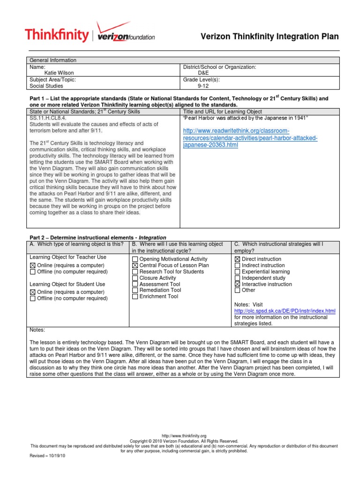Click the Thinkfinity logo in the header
pos(56,35)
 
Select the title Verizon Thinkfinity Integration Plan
pos(270,36)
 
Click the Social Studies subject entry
pos(47,86)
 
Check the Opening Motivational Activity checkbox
pos(135,259)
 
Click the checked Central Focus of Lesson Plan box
pos(135,265)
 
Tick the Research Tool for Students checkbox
pos(135,272)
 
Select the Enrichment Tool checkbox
pos(135,297)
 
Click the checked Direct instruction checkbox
pos(237,259)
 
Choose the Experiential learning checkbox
pos(237,272)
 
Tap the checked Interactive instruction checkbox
pos(237,284)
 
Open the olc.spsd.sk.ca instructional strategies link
pos(285,311)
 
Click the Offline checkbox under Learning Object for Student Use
pos(33,298)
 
